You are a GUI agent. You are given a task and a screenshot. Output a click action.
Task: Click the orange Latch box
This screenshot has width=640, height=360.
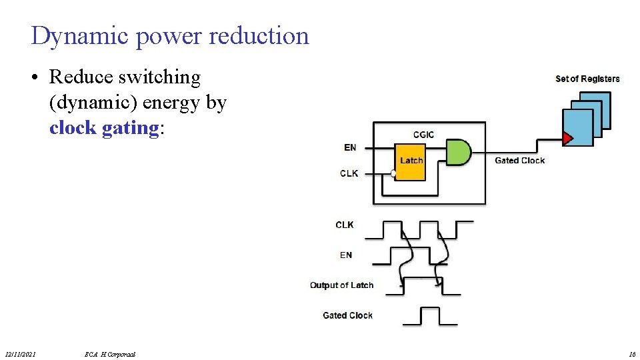411,161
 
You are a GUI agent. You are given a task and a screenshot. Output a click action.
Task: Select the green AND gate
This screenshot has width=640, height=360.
457,153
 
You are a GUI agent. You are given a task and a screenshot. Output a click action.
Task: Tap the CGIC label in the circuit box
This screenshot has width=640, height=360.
423,135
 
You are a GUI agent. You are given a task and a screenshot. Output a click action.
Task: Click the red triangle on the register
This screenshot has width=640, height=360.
567,139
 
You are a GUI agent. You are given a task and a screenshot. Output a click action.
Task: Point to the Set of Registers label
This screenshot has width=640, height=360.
587,79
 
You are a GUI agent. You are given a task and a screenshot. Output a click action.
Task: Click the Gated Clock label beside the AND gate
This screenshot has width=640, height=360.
519,161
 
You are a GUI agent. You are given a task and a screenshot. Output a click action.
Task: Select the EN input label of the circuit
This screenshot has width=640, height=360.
350,147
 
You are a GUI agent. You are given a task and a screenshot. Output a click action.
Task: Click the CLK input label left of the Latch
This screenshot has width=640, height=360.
349,173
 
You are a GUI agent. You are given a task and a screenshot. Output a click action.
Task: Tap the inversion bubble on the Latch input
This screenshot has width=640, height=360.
393,173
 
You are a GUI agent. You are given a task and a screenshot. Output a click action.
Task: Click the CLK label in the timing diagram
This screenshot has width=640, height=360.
345,225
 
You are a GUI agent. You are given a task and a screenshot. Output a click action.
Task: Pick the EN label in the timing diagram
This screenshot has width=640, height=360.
346,255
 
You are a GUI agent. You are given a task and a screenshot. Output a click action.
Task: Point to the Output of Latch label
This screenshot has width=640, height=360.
341,285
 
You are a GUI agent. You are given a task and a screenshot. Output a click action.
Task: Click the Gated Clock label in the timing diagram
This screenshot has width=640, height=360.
347,315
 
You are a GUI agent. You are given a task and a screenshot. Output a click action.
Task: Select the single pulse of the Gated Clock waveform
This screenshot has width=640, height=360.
431,315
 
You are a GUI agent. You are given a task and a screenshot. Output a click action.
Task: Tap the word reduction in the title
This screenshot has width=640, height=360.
259,35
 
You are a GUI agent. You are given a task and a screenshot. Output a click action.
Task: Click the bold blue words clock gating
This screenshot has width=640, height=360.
104,127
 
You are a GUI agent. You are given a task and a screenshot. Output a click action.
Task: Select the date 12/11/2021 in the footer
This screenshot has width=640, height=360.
20,354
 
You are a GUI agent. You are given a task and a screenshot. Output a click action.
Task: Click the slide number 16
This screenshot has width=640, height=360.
631,354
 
